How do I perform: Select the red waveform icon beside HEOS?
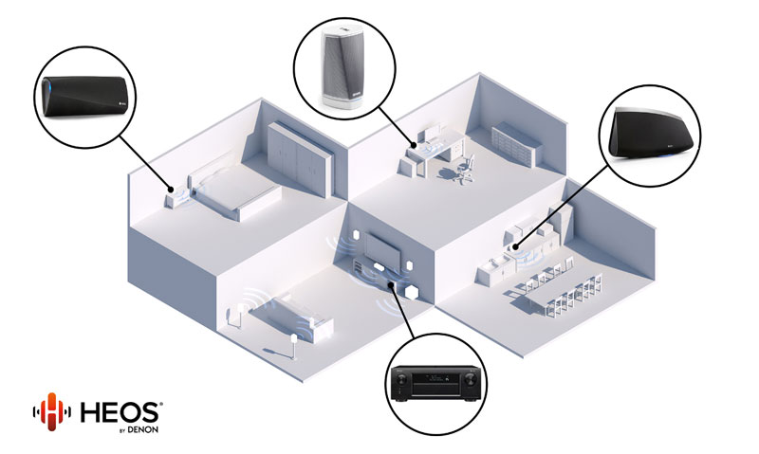pos(51,413)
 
